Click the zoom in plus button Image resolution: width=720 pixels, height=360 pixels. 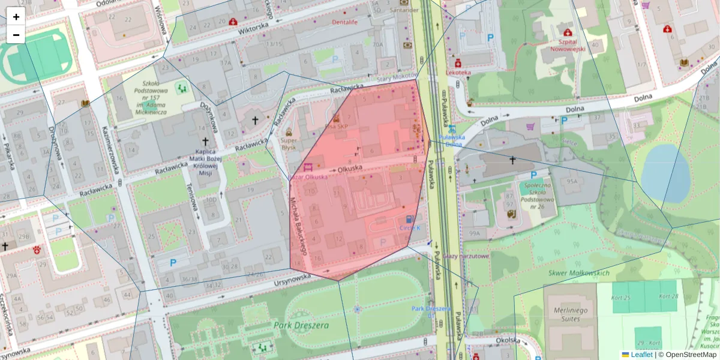[16, 17]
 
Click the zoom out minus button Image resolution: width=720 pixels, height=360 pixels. [16, 35]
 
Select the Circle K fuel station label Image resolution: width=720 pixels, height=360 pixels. [410, 228]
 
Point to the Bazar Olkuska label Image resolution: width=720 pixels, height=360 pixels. [308, 176]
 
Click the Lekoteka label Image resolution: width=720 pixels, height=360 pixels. [458, 72]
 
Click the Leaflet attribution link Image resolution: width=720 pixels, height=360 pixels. [641, 355]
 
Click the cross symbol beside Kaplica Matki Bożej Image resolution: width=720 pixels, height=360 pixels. [205, 142]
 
